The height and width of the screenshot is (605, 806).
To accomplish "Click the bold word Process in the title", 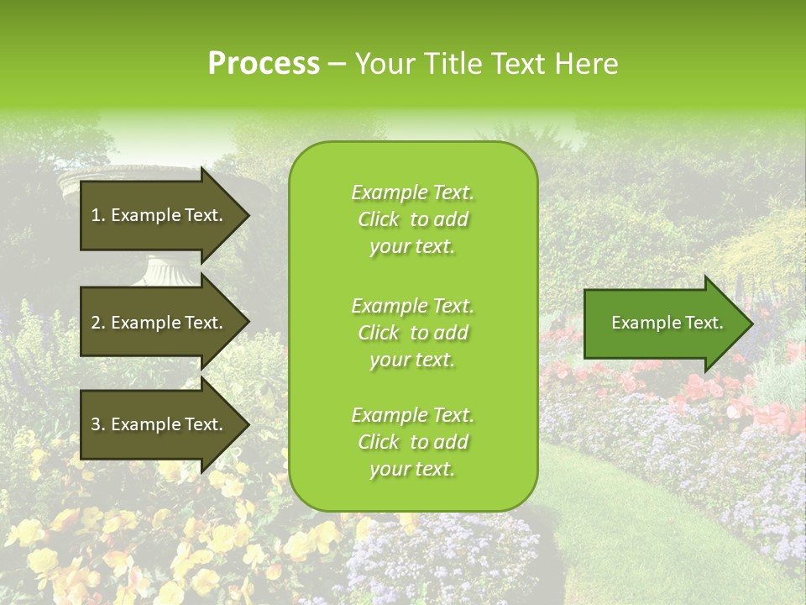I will [264, 64].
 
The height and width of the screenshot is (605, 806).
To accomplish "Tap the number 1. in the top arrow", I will [98, 215].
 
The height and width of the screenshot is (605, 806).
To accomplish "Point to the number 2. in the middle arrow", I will [98, 323].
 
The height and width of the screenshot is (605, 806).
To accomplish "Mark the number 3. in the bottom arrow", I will [98, 424].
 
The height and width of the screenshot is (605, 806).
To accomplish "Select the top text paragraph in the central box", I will [412, 219].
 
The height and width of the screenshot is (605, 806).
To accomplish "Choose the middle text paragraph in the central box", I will [412, 333].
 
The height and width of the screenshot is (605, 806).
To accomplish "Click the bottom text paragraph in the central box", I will [412, 442].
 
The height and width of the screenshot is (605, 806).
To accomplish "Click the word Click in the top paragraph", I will [378, 219].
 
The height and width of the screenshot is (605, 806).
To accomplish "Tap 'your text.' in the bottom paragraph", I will [412, 469].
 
